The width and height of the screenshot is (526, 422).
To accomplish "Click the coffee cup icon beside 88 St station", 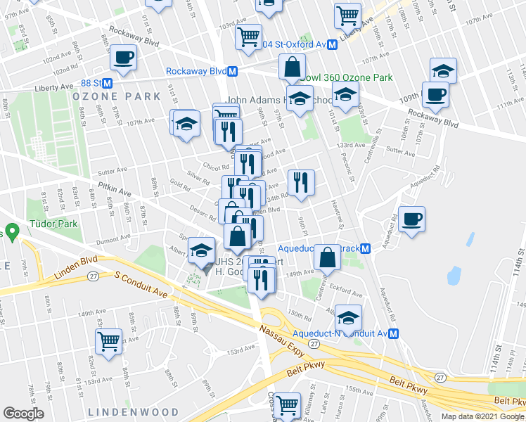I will point(123,58).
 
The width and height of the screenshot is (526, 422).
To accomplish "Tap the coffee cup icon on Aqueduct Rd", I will point(411,219).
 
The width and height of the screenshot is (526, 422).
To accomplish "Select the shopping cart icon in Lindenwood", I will point(109,342).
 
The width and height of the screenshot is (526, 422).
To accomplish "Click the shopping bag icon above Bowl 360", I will point(291,68).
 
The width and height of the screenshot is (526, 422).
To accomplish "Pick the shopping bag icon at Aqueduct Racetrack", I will point(327,257).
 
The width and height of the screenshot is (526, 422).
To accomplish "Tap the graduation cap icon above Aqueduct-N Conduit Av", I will point(348,317).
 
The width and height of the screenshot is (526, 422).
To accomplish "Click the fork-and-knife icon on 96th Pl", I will point(302,182).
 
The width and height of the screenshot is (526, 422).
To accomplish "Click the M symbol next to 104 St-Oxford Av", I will point(333,44).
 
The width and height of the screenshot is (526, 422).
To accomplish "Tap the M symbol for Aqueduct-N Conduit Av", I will point(394,333).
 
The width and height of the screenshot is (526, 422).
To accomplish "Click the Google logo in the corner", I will point(24,414).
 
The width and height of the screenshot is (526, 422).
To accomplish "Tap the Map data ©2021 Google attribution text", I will point(482,416).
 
